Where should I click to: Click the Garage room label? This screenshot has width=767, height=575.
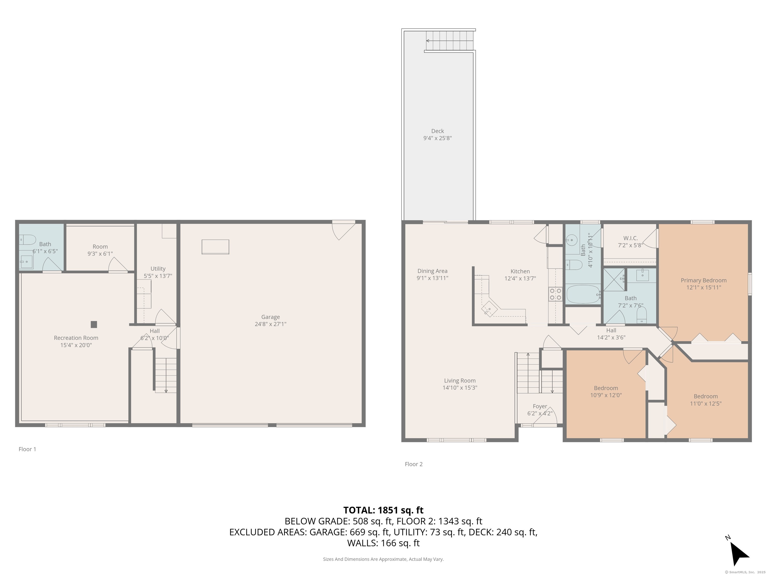[270, 317]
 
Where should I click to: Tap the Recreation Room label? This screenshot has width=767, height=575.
[76, 338]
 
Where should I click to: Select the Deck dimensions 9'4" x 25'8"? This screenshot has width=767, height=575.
[438, 138]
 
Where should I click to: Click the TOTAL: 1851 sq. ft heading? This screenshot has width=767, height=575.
[383, 510]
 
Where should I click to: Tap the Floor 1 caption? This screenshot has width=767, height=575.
[27, 449]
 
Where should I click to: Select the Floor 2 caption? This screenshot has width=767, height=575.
[414, 464]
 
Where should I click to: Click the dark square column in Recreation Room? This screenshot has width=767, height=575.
[94, 324]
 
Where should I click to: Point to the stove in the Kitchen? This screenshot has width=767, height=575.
[555, 294]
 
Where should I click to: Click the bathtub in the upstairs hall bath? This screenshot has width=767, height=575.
[583, 294]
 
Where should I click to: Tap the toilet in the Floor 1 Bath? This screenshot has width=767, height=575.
[28, 239]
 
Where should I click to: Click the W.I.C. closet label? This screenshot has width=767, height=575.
[630, 238]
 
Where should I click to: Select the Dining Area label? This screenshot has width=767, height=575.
[432, 271]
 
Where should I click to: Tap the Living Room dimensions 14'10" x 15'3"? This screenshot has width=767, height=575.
[460, 388]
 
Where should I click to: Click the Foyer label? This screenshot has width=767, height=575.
[540, 406]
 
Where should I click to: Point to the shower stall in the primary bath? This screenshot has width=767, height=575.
[614, 279]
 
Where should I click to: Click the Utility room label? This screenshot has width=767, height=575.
[158, 269]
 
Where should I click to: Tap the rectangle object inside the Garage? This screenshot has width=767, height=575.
[215, 247]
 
